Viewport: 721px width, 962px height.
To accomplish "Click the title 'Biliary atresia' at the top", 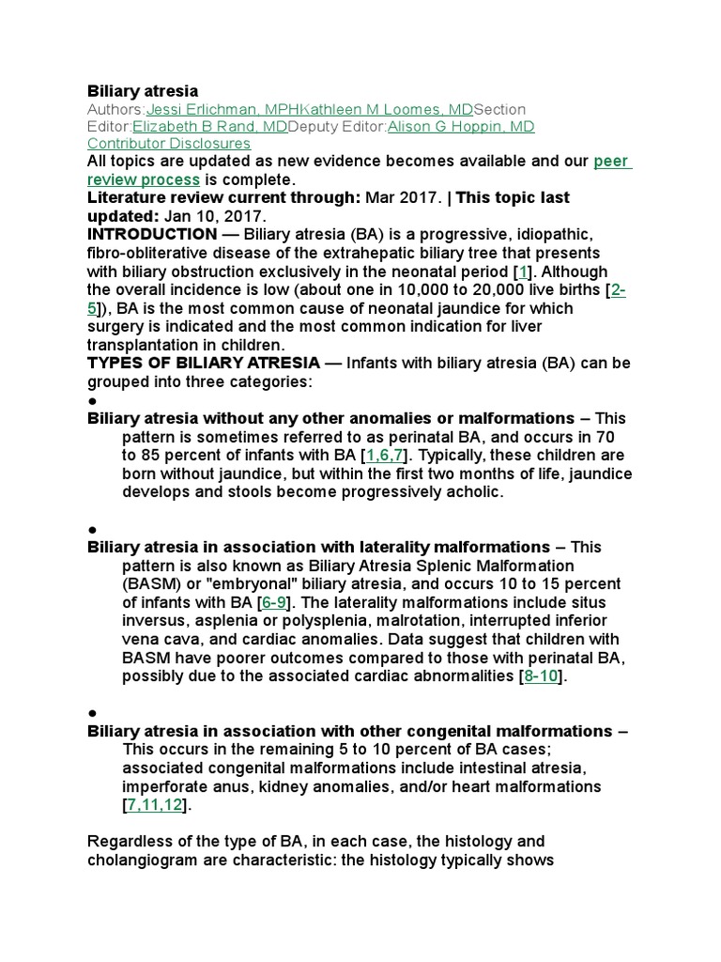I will [x=143, y=91].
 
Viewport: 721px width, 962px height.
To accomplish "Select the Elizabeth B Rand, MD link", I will [x=210, y=127].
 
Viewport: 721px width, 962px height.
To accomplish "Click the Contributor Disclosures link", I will [x=169, y=144].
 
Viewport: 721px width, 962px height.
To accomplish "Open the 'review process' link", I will [x=143, y=179].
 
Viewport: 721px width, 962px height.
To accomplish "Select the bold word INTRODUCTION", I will [x=151, y=235].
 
